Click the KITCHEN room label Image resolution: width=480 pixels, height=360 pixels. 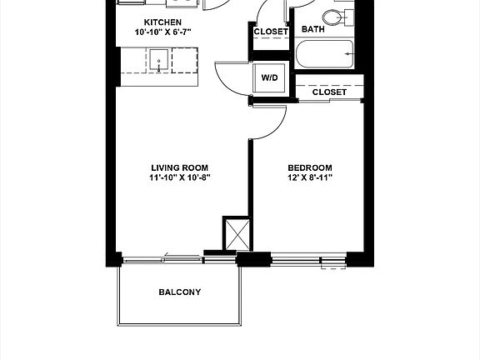pyautogui.click(x=162, y=22)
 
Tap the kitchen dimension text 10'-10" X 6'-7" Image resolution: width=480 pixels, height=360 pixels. pyautogui.click(x=162, y=32)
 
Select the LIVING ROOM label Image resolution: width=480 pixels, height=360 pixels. pyautogui.click(x=180, y=167)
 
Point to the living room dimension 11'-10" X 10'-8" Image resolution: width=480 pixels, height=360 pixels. pyautogui.click(x=180, y=177)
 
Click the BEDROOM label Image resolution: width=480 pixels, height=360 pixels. pyautogui.click(x=310, y=167)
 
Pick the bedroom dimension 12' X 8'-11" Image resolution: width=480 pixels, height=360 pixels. pyautogui.click(x=310, y=177)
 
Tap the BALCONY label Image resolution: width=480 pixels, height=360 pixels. pyautogui.click(x=180, y=292)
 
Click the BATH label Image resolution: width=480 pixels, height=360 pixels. pyautogui.click(x=312, y=29)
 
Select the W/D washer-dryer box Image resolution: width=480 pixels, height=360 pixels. pyautogui.click(x=270, y=77)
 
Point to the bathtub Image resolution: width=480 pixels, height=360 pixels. pyautogui.click(x=324, y=54)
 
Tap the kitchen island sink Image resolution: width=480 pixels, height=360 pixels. pyautogui.click(x=158, y=60)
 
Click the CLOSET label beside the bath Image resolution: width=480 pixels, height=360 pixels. pyautogui.click(x=271, y=32)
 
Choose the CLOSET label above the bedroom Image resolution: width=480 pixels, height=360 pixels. pyautogui.click(x=329, y=92)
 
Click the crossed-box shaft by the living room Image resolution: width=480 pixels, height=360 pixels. pyautogui.click(x=237, y=234)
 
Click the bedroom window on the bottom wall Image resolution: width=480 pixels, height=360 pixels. pyautogui.click(x=309, y=261)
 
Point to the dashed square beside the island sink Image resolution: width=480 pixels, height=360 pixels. pyautogui.click(x=185, y=60)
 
